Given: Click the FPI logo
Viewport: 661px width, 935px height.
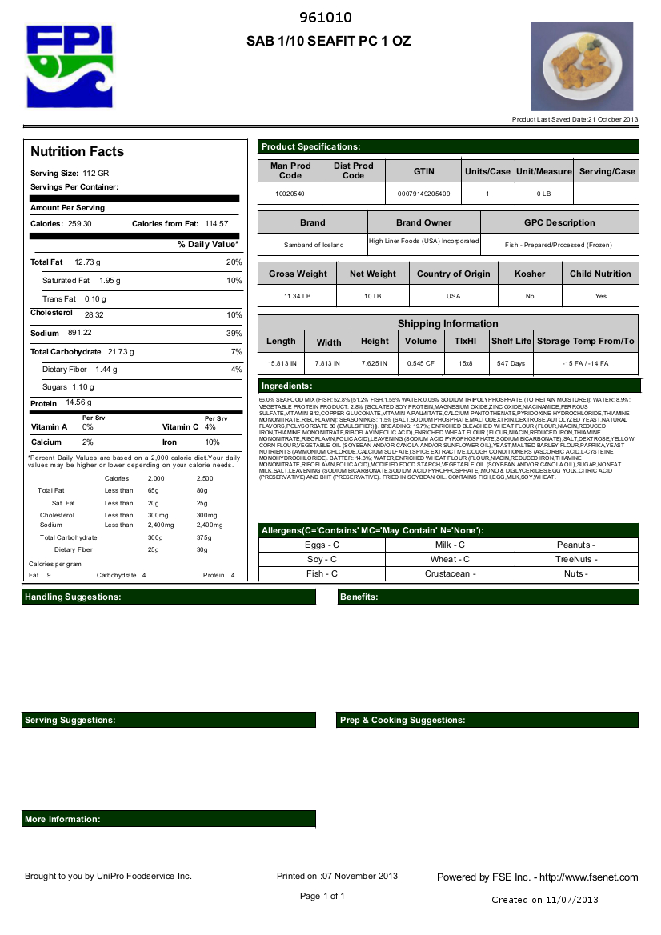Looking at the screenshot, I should (69, 65).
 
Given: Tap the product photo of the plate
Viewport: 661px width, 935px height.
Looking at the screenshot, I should (582, 66).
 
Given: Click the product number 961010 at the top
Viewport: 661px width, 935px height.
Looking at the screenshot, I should (325, 18).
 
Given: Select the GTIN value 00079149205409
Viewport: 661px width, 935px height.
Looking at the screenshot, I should (423, 194).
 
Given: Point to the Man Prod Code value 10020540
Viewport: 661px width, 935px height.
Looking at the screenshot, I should (290, 194).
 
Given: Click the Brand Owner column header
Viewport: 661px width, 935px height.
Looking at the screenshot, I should (423, 222).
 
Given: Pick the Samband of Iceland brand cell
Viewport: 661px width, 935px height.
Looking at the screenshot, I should (312, 245).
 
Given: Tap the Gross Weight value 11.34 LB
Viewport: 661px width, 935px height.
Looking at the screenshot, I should (298, 296).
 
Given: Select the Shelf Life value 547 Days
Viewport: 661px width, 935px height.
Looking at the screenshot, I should (511, 363).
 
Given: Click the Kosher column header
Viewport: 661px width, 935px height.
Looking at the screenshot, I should (530, 274).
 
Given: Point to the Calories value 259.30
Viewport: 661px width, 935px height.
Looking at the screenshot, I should (80, 224).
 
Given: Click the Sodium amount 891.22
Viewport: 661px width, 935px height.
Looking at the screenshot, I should (80, 333).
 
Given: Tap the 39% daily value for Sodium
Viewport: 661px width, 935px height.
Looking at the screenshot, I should (234, 333).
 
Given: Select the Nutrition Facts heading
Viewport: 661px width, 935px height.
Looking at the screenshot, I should (77, 152).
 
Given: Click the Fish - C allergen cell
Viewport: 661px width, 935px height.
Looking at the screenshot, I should (322, 573).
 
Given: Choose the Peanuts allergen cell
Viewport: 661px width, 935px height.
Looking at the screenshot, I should (575, 545).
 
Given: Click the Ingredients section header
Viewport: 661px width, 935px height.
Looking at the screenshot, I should (286, 386).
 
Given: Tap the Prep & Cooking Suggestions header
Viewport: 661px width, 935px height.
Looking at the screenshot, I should (403, 721).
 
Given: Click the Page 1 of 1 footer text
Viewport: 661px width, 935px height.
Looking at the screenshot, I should (322, 896).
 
